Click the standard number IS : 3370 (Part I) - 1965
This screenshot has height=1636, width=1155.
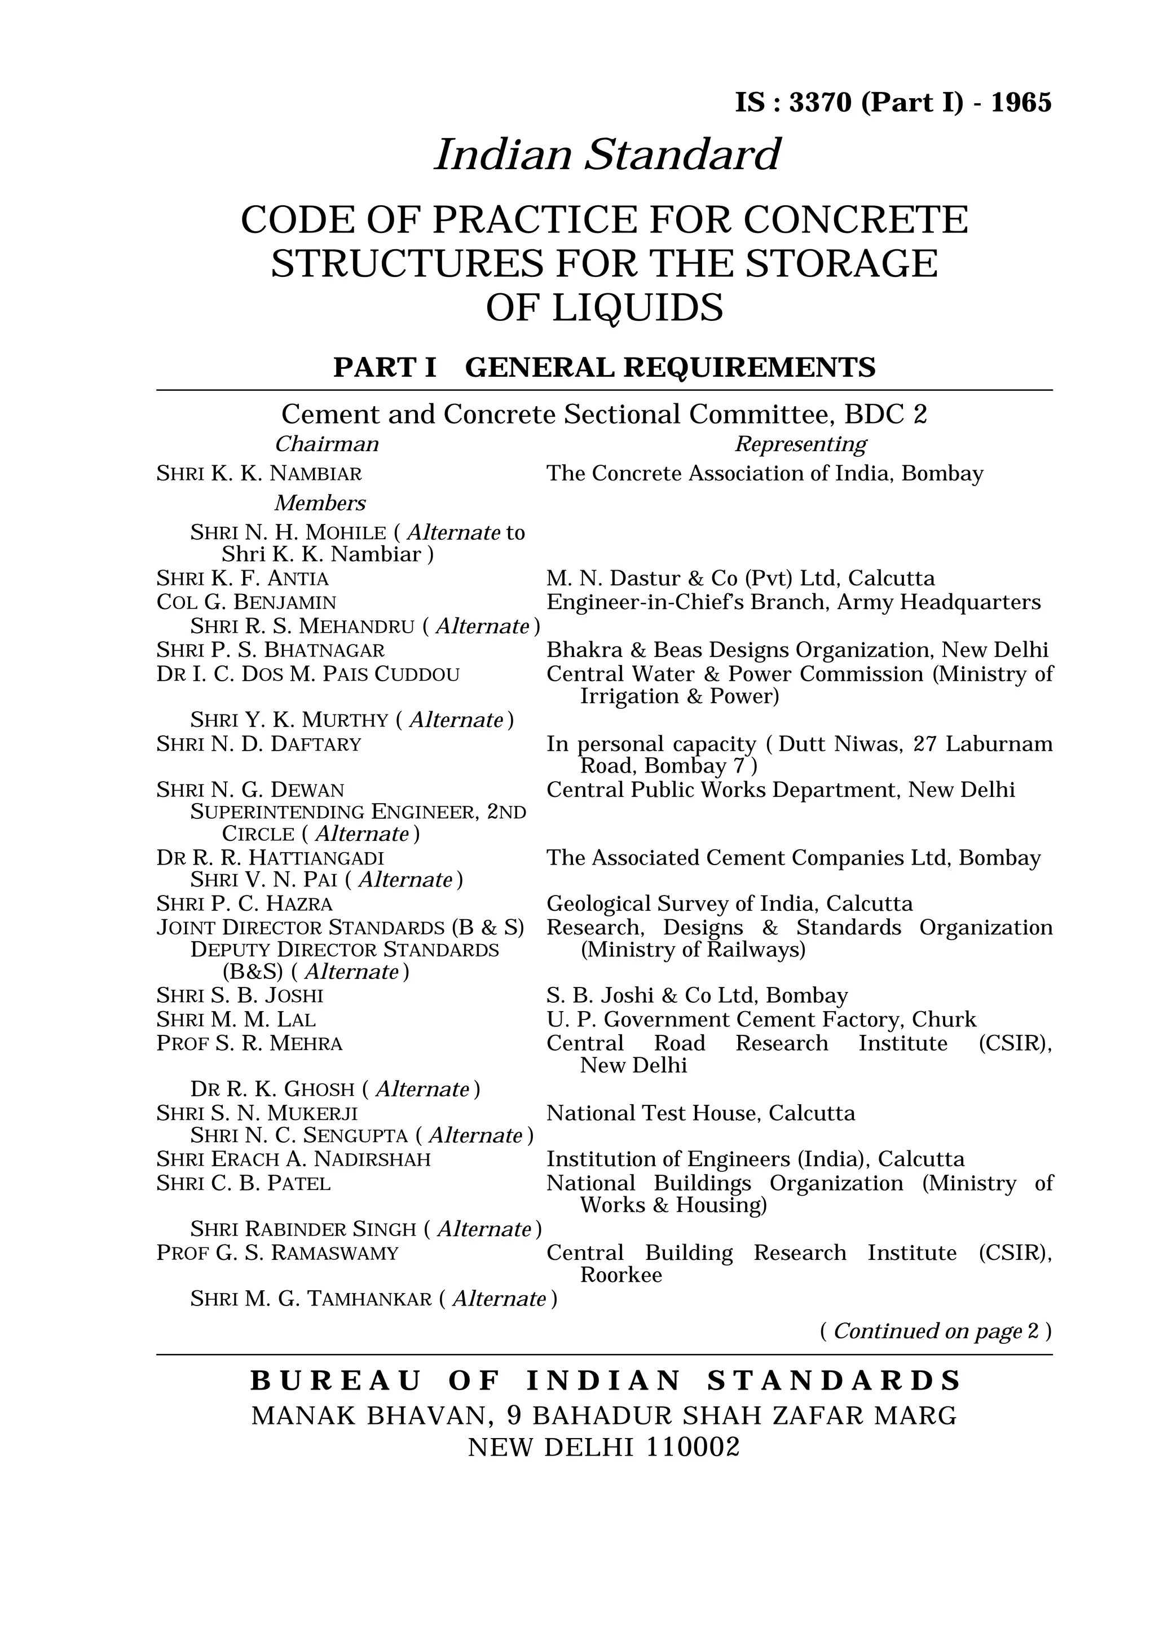tap(893, 103)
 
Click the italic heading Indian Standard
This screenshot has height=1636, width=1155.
tap(607, 155)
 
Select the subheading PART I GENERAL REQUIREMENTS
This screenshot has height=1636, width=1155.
tap(604, 368)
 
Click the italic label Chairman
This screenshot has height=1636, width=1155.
tap(327, 444)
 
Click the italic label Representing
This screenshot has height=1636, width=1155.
tap(800, 444)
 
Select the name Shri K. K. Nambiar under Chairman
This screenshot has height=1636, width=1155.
tap(259, 474)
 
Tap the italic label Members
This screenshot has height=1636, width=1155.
tap(320, 503)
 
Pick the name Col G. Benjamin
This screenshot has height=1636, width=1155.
tap(246, 602)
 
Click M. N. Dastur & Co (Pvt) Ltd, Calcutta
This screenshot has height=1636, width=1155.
tap(740, 578)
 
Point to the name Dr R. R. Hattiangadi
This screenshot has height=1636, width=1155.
tap(270, 857)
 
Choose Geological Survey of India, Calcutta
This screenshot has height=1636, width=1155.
tap(729, 903)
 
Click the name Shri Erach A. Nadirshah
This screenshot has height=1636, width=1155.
tap(294, 1159)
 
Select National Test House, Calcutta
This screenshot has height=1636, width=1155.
tap(700, 1113)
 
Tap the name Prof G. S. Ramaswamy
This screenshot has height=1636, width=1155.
tap(277, 1253)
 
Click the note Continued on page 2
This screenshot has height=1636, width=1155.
tap(936, 1331)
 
